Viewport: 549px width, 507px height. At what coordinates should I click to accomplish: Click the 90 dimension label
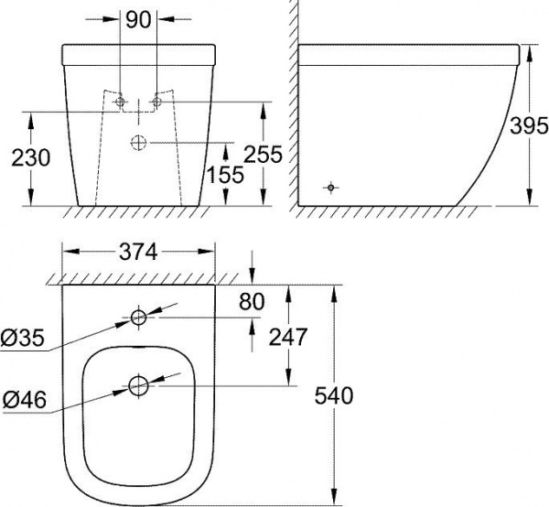[x=138, y=20]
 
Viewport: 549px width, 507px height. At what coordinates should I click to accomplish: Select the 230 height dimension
[x=31, y=158]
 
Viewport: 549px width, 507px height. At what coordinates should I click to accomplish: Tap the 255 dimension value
[x=263, y=154]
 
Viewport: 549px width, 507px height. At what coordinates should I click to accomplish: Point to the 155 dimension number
[x=225, y=175]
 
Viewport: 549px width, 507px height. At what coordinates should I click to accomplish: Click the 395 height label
[x=529, y=125]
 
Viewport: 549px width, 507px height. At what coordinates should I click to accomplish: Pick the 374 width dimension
[x=139, y=252]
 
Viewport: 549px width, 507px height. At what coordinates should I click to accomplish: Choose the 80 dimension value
[x=252, y=301]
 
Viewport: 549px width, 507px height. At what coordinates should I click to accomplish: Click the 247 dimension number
[x=288, y=337]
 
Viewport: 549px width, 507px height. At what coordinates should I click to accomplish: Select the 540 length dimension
[x=334, y=395]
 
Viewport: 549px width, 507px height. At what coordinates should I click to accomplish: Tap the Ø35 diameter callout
[x=23, y=339]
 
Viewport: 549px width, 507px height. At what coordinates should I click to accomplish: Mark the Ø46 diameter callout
[x=25, y=400]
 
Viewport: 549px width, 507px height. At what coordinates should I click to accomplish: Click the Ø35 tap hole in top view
[x=139, y=318]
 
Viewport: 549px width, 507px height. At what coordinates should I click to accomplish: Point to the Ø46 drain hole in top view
[x=139, y=386]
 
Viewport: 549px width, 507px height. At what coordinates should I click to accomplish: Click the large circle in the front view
[x=139, y=143]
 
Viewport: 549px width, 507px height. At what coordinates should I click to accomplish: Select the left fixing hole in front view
[x=120, y=102]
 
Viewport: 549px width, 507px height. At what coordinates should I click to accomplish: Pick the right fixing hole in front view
[x=157, y=102]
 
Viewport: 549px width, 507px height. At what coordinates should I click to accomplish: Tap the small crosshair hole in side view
[x=331, y=188]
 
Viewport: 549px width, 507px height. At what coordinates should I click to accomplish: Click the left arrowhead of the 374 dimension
[x=70, y=252]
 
